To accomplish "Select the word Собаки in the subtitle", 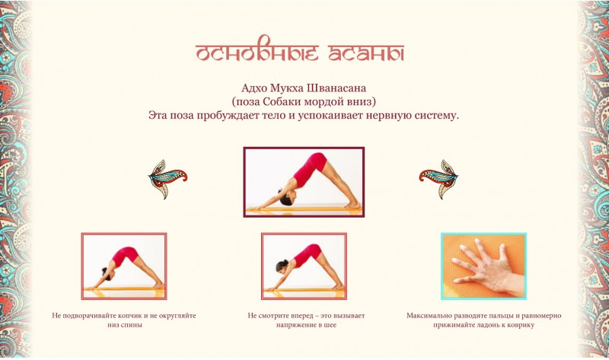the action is (x=281, y=102).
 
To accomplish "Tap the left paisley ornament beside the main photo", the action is (x=167, y=179).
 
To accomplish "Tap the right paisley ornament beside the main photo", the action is (x=439, y=179).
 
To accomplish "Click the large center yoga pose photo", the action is (x=304, y=182).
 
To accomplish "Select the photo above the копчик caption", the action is (x=124, y=266).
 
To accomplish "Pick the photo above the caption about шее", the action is (x=304, y=266).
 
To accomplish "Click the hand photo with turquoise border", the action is (x=483, y=266).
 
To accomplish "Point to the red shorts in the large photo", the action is (x=317, y=162).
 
